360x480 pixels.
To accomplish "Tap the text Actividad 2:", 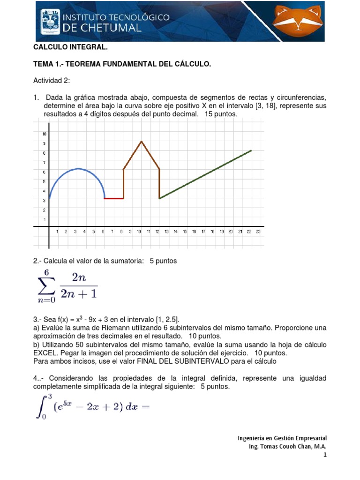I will (51, 81).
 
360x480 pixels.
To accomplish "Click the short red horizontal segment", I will (114, 198).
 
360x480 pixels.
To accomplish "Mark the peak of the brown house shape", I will (142, 141).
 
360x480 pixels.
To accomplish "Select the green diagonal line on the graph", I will (206, 174).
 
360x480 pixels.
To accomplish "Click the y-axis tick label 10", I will (45, 134).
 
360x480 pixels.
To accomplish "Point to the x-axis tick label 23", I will (258, 232).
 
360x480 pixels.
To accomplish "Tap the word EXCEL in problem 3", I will (46, 353).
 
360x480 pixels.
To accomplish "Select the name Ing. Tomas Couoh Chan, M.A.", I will (287, 446).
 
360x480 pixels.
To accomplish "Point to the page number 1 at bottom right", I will (325, 455).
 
